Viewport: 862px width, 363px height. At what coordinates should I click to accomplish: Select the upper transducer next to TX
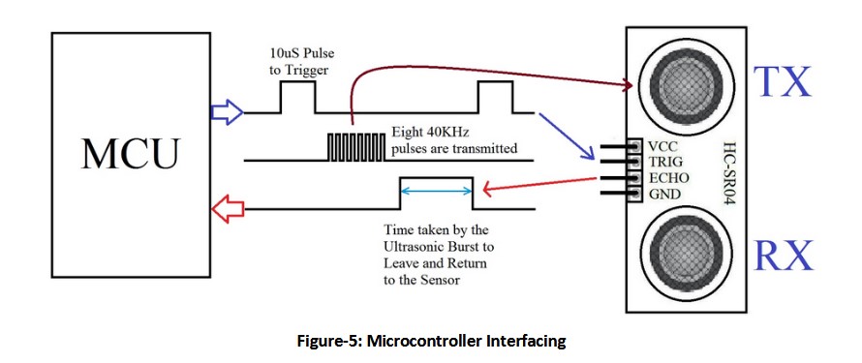coord(683,79)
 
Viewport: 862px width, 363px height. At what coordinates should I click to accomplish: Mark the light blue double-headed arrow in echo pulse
coord(436,191)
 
